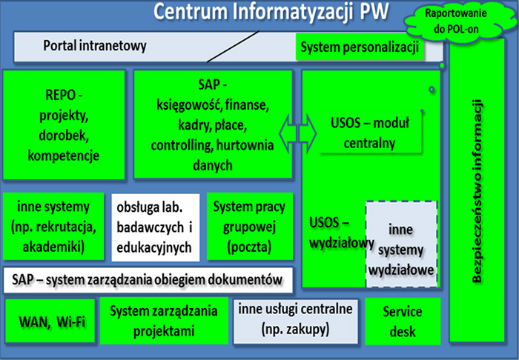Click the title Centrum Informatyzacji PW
coord(271,12)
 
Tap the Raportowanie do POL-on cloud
coord(456,21)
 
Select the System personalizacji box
coord(360,47)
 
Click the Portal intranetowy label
coord(95,45)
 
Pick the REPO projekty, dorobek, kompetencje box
coord(64,125)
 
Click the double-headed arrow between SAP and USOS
coord(297,133)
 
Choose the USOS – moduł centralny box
coord(370,133)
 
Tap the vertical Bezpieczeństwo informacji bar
coord(477,190)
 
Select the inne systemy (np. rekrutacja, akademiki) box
coord(53,227)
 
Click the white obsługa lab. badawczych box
coord(156,227)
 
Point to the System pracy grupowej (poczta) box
coord(250,227)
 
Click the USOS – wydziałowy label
coord(342,233)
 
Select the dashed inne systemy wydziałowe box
coord(402,244)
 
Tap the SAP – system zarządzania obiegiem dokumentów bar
coord(148,280)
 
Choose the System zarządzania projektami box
coord(164,321)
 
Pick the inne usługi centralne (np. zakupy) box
coord(296,321)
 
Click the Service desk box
coord(403,321)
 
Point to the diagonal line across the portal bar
coord(233,47)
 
